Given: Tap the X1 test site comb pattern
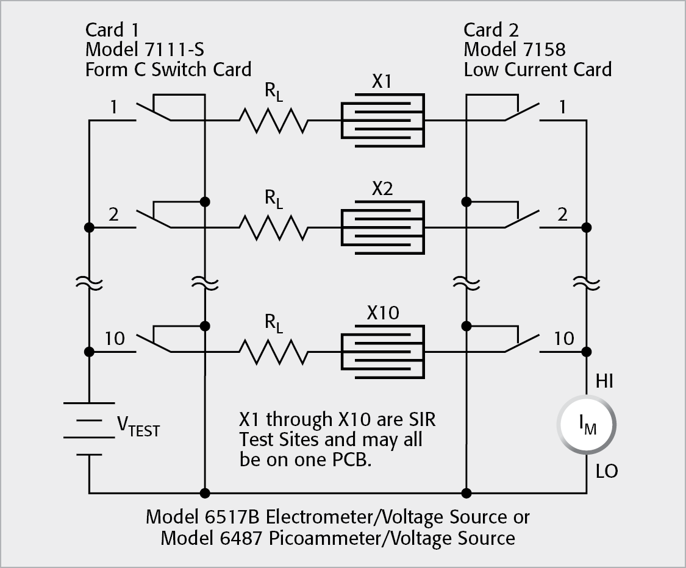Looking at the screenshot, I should pos(382,120).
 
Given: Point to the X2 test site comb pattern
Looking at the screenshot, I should pos(382,227).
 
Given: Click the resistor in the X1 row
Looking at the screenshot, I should pos(273,120).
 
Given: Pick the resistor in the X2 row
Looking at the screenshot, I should pos(273,227).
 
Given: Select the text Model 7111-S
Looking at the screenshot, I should pos(148,49).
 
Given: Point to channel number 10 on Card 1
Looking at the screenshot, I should pos(114,338).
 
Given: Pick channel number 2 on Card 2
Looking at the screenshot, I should pos(562,214).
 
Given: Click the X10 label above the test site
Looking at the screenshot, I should pos(383,313).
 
